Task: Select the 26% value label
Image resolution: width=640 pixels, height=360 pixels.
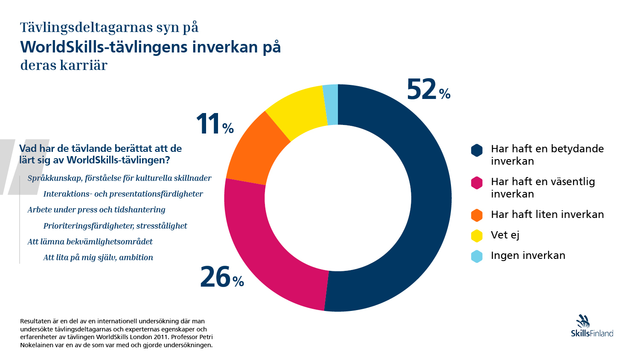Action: (x=221, y=277)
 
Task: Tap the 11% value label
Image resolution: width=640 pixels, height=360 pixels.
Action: (x=215, y=125)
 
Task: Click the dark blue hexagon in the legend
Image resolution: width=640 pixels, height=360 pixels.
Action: (x=477, y=150)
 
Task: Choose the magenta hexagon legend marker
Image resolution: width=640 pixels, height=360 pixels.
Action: (x=477, y=183)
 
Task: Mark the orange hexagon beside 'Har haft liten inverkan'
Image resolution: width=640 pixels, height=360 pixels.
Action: (x=477, y=215)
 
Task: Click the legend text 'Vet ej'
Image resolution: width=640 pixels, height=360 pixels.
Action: (x=505, y=235)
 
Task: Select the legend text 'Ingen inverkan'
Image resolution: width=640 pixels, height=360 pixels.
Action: (x=528, y=255)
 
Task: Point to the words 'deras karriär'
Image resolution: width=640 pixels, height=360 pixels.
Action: (x=64, y=65)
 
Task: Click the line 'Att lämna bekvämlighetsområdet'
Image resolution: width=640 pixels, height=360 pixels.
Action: (x=90, y=242)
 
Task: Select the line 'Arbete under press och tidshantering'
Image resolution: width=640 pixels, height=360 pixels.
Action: (x=96, y=210)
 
